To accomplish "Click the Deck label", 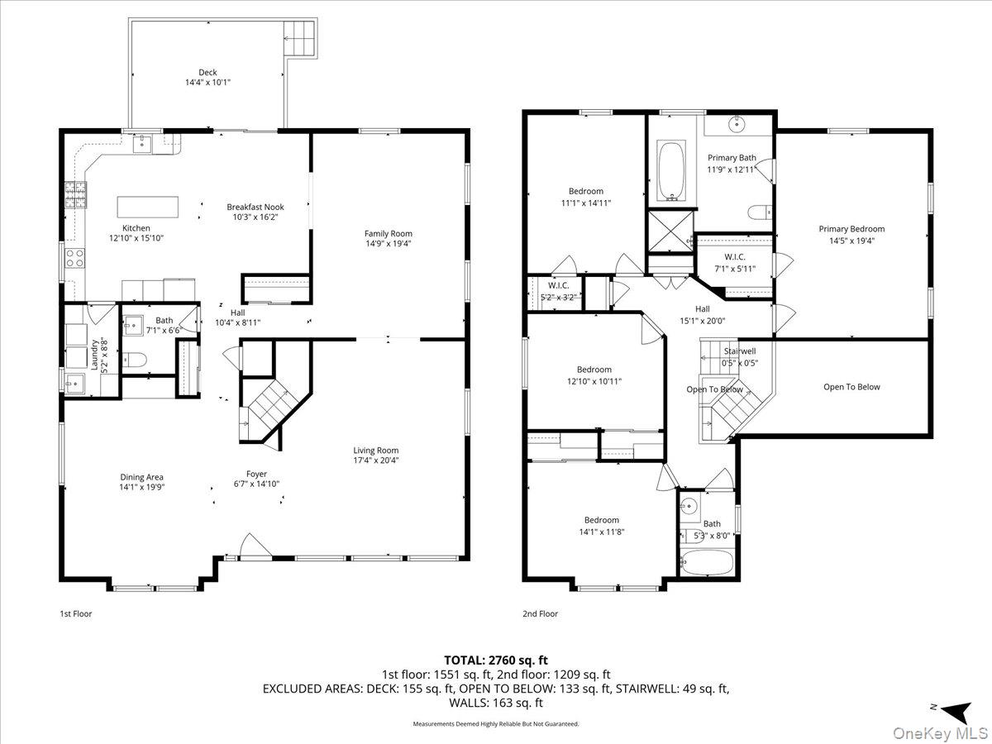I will pyautogui.click(x=207, y=73).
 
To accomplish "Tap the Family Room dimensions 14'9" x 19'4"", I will pyautogui.click(x=389, y=244).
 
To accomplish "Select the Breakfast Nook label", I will pyautogui.click(x=255, y=207).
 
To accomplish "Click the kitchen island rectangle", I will pyautogui.click(x=147, y=206).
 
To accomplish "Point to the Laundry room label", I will pyautogui.click(x=96, y=354).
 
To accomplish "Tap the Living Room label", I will pyautogui.click(x=376, y=451).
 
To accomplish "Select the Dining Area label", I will pyautogui.click(x=142, y=477).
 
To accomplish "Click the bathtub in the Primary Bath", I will pyautogui.click(x=670, y=171).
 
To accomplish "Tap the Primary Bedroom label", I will pyautogui.click(x=851, y=229).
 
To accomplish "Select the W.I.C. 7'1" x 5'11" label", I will pyautogui.click(x=734, y=256).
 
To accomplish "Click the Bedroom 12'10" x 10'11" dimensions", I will pyautogui.click(x=594, y=381).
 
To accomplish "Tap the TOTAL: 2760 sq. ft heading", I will pyautogui.click(x=496, y=660).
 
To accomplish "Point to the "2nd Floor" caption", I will pyautogui.click(x=540, y=614).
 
